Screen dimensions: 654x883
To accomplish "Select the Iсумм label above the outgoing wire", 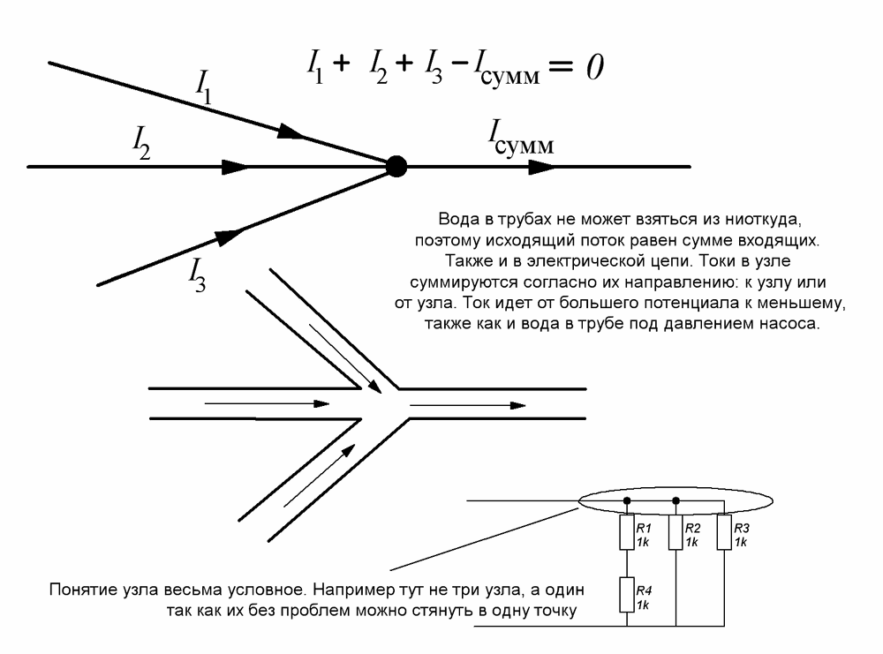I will click(521, 138).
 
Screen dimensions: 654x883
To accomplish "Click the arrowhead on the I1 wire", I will click(292, 132).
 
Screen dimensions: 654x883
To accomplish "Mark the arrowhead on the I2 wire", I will click(238, 165).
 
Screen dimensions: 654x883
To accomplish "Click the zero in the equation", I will click(592, 68).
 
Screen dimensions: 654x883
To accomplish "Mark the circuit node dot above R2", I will click(675, 500).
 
